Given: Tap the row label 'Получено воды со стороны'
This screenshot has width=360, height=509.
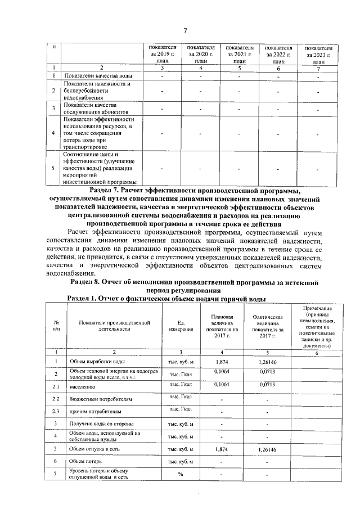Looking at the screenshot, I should pos(101,423).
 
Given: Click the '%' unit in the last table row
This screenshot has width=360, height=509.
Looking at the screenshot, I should pos(181,474).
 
